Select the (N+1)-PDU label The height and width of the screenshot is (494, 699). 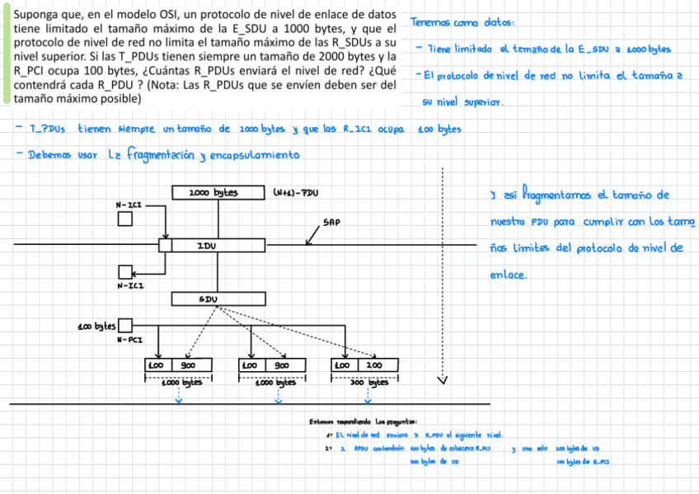click(295, 193)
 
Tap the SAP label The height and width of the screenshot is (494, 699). click(331, 222)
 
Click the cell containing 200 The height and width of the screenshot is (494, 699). click(373, 365)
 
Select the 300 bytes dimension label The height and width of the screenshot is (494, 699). click(368, 383)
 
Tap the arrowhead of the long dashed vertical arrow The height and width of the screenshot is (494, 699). click(443, 381)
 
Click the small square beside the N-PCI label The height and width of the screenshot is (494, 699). click(125, 326)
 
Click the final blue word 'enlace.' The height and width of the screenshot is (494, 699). click(508, 275)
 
